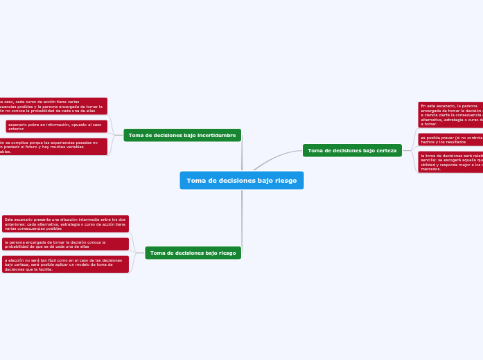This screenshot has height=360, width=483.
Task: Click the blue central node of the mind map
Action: [241, 180]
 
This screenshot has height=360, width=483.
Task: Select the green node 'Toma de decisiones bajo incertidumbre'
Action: [182, 135]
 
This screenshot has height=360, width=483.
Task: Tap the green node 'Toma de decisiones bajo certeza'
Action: [352, 150]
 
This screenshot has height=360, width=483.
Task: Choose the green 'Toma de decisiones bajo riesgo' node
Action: [193, 253]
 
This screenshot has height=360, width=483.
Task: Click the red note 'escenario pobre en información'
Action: [56, 126]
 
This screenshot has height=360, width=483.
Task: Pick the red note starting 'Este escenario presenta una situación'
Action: [65, 224]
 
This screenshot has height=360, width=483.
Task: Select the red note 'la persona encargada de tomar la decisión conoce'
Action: [65, 244]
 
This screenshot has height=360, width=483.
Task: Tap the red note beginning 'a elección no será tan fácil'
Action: [65, 264]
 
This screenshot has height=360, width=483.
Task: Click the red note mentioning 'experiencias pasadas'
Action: [53, 147]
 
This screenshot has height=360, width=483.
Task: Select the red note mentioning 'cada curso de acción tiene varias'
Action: [53, 106]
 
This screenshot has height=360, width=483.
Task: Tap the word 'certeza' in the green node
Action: [385, 150]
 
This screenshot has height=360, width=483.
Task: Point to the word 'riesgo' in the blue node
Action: [283, 181]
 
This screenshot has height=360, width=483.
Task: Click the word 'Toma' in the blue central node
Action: [197, 181]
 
